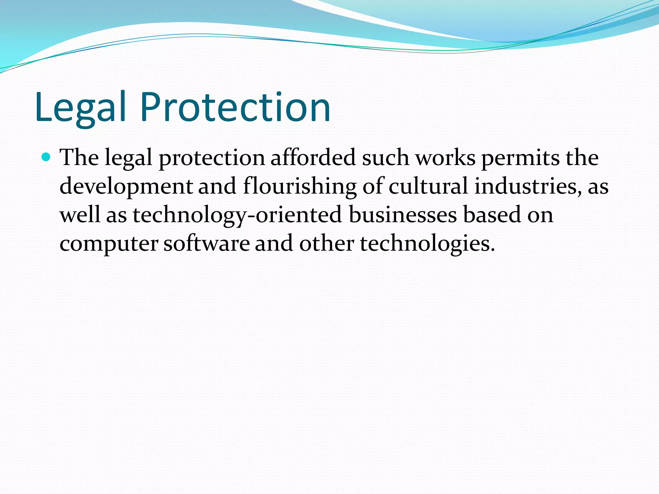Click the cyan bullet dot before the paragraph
(x=47, y=157)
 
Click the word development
(x=126, y=187)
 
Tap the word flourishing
(x=300, y=187)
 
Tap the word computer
(x=109, y=244)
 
